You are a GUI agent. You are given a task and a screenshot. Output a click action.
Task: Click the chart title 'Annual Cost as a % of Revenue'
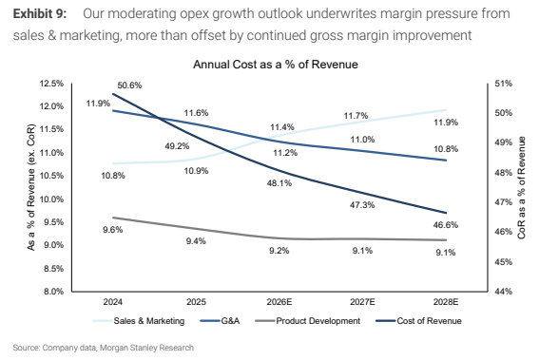click(x=276, y=65)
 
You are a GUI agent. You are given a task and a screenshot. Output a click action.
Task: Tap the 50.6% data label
click(x=129, y=85)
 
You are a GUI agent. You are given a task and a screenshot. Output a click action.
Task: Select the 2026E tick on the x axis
click(x=279, y=302)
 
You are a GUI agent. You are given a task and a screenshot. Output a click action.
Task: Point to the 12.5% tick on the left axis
click(x=51, y=84)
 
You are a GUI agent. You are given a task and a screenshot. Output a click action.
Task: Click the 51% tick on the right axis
click(x=503, y=84)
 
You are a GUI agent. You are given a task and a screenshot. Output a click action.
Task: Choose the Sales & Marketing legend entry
click(x=139, y=321)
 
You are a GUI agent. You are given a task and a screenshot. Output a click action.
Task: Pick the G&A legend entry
click(x=220, y=321)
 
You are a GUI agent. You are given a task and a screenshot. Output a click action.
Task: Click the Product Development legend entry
click(x=308, y=321)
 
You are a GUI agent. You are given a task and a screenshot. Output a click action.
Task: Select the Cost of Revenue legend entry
click(x=418, y=321)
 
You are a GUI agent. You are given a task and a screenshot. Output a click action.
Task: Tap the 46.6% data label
click(x=446, y=225)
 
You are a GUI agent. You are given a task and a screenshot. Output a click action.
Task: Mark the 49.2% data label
click(x=177, y=146)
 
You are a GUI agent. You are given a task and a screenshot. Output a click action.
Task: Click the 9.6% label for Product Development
click(x=113, y=230)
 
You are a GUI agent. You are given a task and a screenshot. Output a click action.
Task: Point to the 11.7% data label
click(x=356, y=116)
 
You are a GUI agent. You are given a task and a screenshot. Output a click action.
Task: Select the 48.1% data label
click(x=279, y=183)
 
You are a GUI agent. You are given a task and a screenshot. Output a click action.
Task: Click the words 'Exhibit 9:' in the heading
click(x=40, y=13)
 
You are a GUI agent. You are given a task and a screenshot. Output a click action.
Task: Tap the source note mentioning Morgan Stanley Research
click(x=103, y=348)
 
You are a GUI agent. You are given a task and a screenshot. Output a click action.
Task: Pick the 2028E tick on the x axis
click(x=446, y=302)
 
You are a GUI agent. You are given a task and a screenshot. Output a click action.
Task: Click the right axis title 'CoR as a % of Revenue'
click(x=522, y=187)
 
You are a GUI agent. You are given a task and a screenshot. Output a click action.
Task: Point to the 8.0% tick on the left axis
click(x=53, y=292)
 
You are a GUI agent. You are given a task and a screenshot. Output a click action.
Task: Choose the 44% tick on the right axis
click(x=503, y=292)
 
